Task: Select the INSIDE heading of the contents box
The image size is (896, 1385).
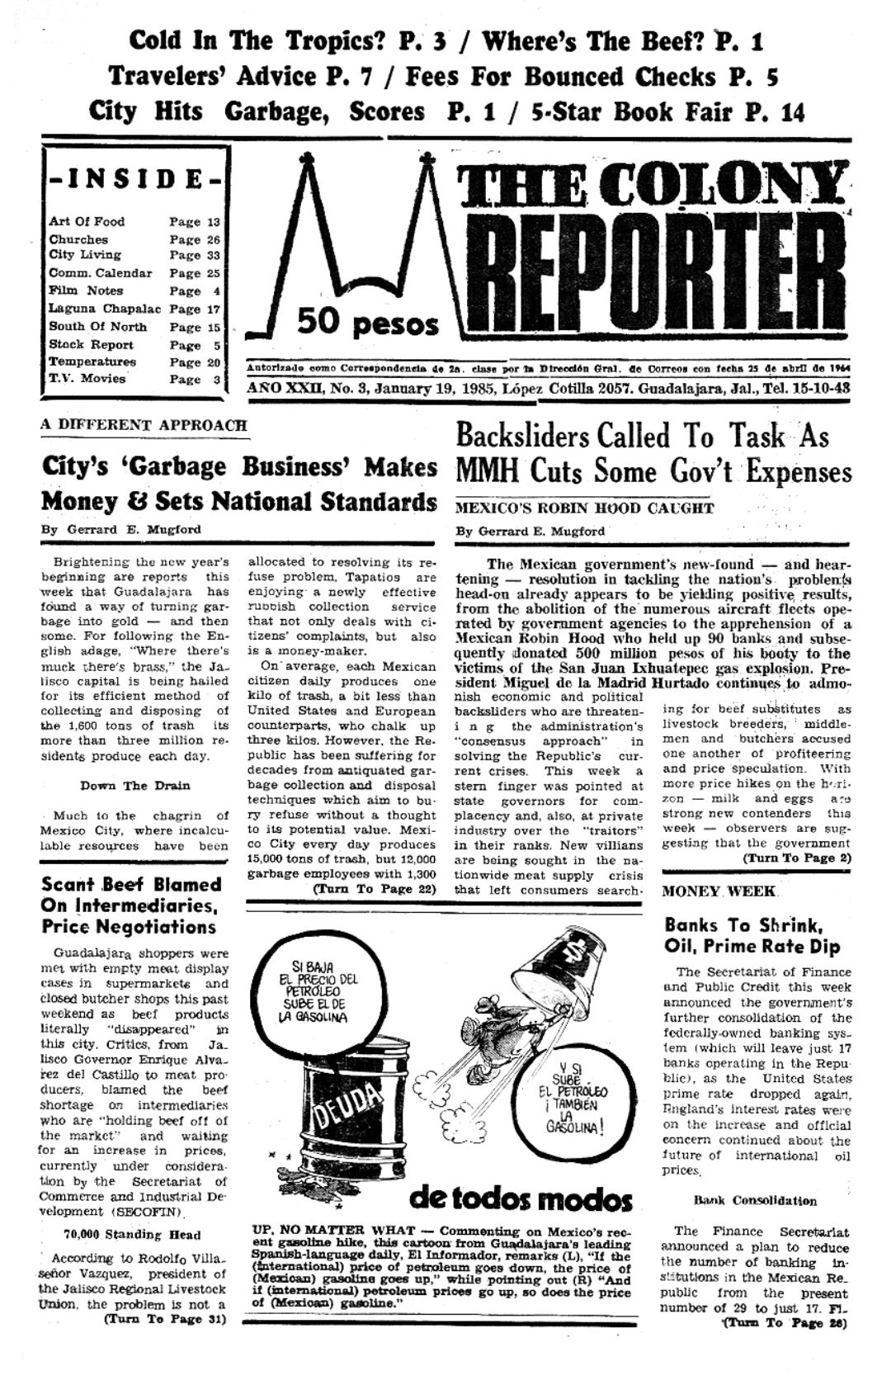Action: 136,178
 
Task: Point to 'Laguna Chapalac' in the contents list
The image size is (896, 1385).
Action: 104,309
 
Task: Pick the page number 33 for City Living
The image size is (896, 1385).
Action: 213,256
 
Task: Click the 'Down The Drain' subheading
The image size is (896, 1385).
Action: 135,785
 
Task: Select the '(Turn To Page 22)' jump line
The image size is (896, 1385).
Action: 374,889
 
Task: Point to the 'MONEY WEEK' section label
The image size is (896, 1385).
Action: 719,891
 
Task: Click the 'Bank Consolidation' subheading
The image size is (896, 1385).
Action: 755,1200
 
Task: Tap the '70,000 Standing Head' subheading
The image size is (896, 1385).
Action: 132,1235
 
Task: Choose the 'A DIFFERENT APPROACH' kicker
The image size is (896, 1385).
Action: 144,426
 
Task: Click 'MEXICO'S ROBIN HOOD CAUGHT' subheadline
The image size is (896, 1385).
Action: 583,508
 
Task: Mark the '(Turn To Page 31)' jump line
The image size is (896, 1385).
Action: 165,1319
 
